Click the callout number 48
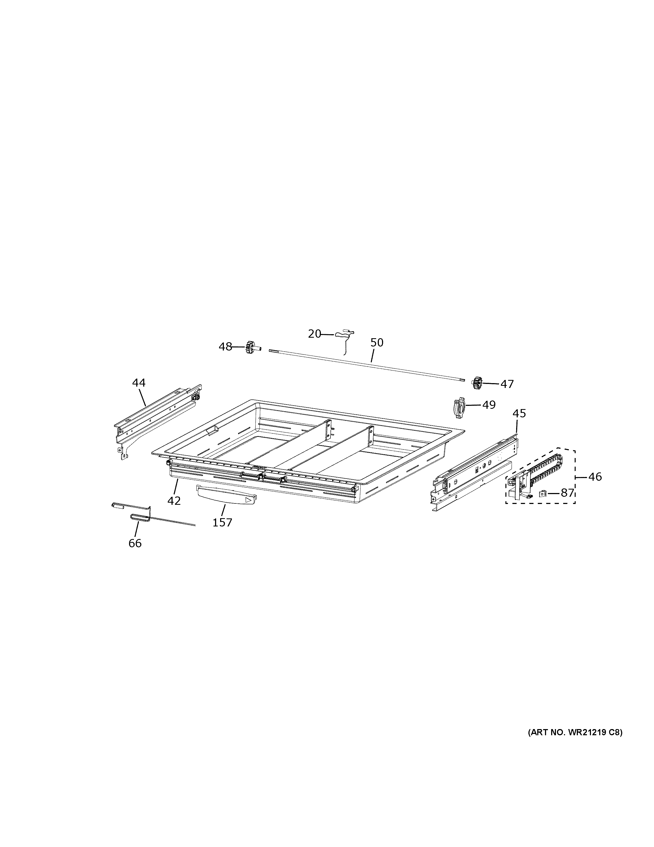tap(225, 347)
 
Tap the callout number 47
tap(507, 384)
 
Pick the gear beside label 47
tap(477, 383)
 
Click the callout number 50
tap(377, 342)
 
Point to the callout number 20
tap(315, 333)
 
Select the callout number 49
tap(489, 405)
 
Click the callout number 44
tap(139, 383)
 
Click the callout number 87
tap(567, 493)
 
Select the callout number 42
tap(174, 501)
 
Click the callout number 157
tap(222, 523)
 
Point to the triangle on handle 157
tap(248, 500)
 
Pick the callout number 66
tap(135, 543)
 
